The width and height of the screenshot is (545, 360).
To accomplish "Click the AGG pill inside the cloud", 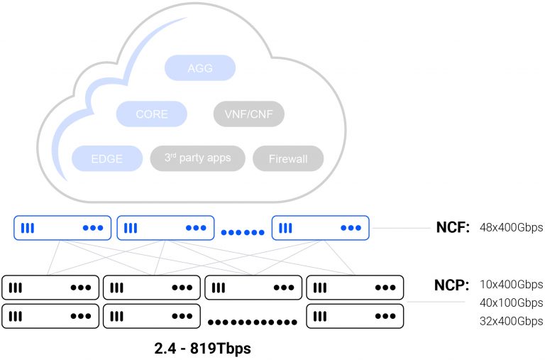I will pos(199,69).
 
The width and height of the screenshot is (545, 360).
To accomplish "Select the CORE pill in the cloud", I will pos(152,114).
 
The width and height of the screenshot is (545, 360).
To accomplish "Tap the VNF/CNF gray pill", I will pos(248,114).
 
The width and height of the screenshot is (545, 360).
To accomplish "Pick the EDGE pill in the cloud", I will pos(107,158).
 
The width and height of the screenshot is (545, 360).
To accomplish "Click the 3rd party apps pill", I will pos(197,158).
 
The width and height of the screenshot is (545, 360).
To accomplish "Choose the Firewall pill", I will pos(287,158).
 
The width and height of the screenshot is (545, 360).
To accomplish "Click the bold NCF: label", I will pos(453,228).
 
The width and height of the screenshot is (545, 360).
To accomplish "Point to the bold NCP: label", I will pos(452,285).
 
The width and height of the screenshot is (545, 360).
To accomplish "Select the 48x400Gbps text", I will pos(511,228).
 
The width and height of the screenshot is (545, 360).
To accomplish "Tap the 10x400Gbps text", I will pos(511,285).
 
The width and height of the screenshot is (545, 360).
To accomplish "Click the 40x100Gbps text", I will pos(511,303).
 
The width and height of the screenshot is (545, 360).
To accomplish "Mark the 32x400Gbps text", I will pos(511,322).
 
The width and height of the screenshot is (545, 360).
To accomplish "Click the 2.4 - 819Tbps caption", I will pos(202,349).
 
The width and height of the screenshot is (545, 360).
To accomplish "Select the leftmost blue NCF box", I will pos(63,228).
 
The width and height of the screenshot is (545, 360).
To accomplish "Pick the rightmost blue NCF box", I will pos(321,228).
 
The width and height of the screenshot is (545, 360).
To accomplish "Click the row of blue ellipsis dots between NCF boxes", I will pos(243,232).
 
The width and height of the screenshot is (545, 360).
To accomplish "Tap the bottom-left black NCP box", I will pos(50,316).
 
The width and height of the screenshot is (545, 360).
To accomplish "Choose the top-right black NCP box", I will pos(355,288).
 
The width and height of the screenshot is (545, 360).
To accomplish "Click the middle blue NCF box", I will pos(165,228).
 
